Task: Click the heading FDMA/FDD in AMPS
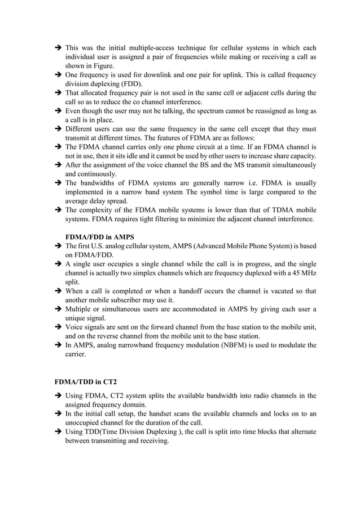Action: pos(100,237)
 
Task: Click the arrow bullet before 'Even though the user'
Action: pos(58,111)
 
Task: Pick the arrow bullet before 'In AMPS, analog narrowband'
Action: pos(58,345)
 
